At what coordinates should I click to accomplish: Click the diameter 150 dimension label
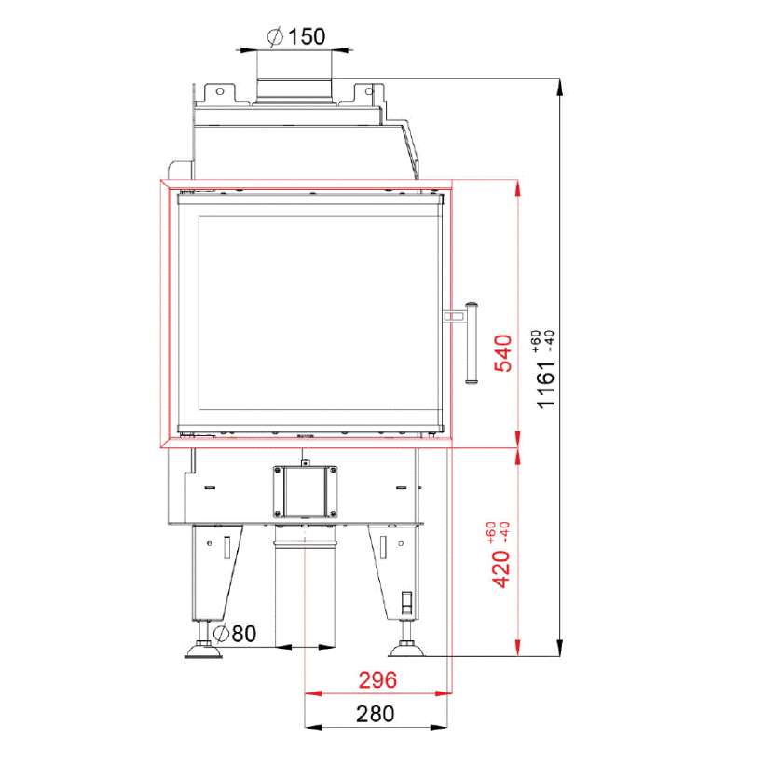tap(296, 36)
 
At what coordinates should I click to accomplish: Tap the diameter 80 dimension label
tap(235, 634)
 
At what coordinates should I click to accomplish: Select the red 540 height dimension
tap(503, 353)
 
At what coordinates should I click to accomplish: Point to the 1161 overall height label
tap(546, 385)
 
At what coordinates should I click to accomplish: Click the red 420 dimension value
tap(500, 568)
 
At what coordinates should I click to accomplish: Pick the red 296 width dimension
tap(377, 680)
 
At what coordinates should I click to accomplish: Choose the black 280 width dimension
tap(376, 714)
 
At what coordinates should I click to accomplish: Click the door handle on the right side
tap(471, 343)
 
